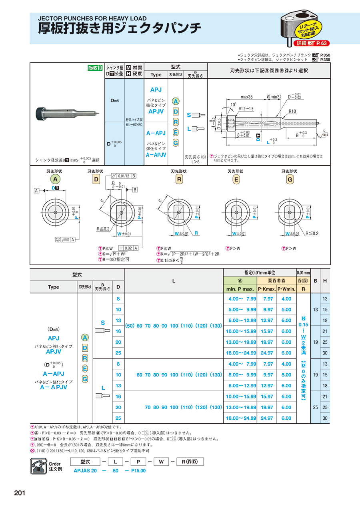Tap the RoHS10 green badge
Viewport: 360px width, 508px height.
95,68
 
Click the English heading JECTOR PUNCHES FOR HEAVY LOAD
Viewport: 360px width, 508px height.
92,18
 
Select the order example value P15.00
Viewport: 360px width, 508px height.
138,470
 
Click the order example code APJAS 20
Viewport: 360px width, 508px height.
85,470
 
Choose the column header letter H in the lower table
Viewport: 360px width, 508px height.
325,281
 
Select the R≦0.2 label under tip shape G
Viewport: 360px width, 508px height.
312,233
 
